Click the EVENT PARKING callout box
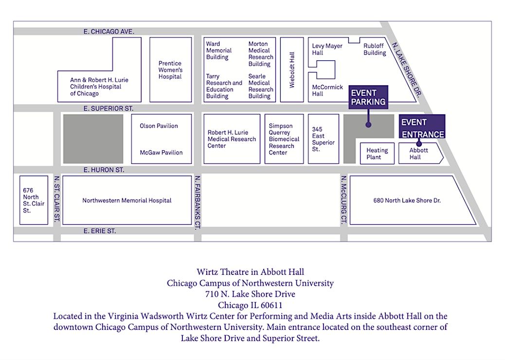(368, 97)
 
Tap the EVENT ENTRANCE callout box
(422, 127)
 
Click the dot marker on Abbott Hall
(419, 144)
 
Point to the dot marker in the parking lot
(368, 125)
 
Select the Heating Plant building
(377, 154)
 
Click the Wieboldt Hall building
(292, 70)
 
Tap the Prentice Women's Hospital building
(170, 70)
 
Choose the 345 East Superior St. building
(324, 139)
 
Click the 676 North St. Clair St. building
(34, 200)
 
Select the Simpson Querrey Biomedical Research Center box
(284, 139)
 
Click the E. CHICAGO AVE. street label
(108, 32)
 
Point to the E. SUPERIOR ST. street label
(108, 108)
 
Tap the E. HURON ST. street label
(104, 170)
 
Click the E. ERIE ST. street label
(99, 231)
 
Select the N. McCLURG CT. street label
(343, 200)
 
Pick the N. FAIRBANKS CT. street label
(197, 201)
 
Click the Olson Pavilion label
(159, 126)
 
